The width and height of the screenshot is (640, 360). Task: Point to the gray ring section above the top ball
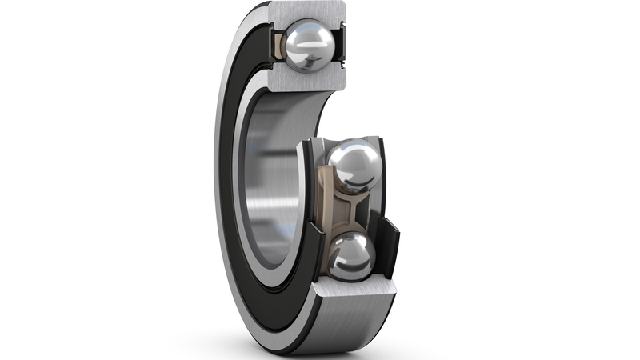coord(308,10)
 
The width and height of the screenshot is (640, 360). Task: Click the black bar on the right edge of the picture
coord(584,180)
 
